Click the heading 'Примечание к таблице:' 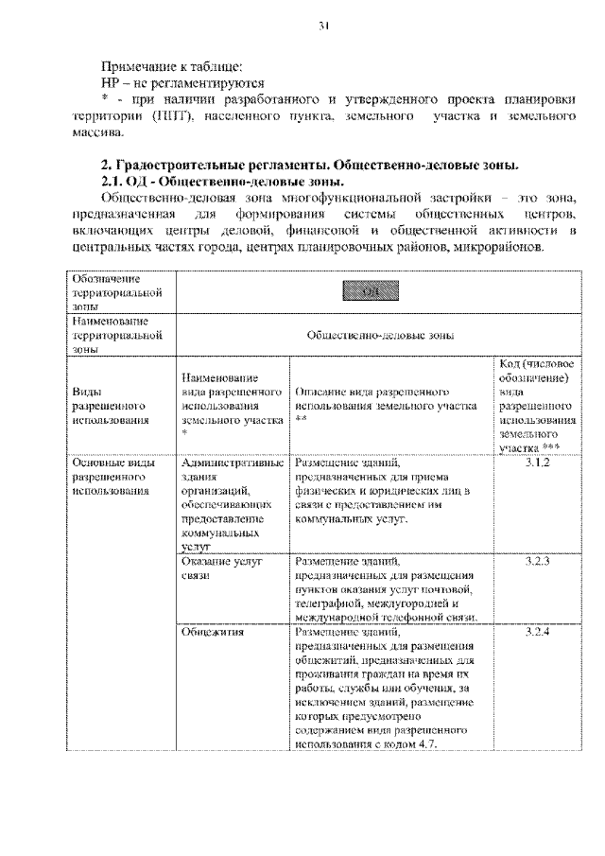tap(172, 66)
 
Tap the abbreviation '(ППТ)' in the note tap(172, 115)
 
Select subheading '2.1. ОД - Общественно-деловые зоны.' tap(223, 180)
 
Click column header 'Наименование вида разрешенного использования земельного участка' tap(232, 405)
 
